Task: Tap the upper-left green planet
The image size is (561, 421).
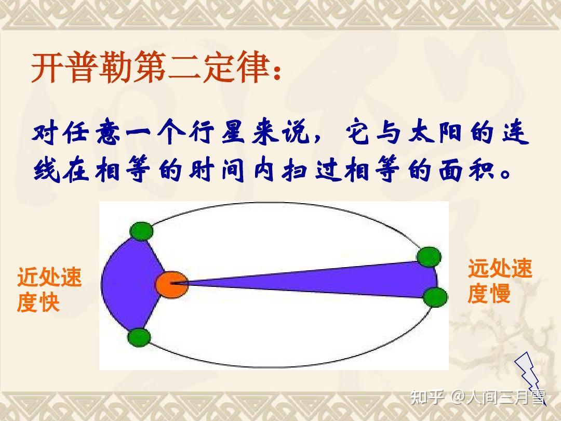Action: click(141, 231)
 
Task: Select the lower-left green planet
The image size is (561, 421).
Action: click(139, 337)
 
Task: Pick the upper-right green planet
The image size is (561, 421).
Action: click(429, 256)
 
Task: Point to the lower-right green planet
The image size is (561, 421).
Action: click(434, 297)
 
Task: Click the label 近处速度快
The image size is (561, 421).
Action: click(49, 290)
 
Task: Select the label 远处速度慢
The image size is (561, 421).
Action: click(499, 281)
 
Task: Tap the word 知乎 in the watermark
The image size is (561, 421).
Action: click(427, 398)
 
